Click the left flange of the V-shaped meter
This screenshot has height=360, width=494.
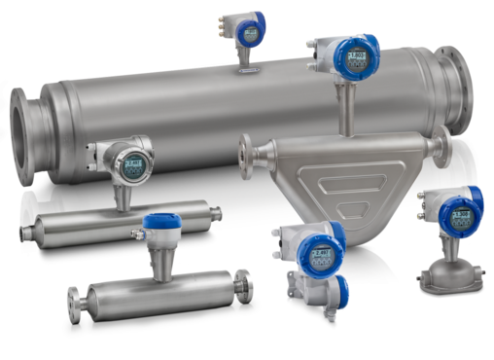246,150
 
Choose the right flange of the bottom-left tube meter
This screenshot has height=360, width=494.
249,282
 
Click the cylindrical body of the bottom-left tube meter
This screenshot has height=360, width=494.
156,290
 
